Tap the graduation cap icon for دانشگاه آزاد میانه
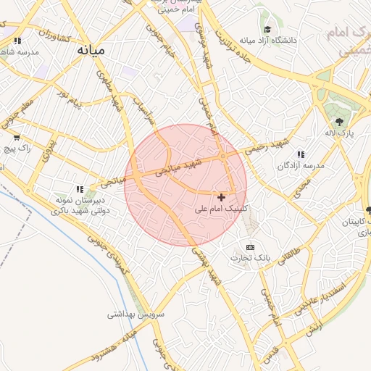click(268, 30)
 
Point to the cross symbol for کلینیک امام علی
click(221, 196)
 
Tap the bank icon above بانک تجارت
click(251, 247)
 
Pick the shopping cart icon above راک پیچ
click(17, 136)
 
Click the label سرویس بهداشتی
click(136, 314)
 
